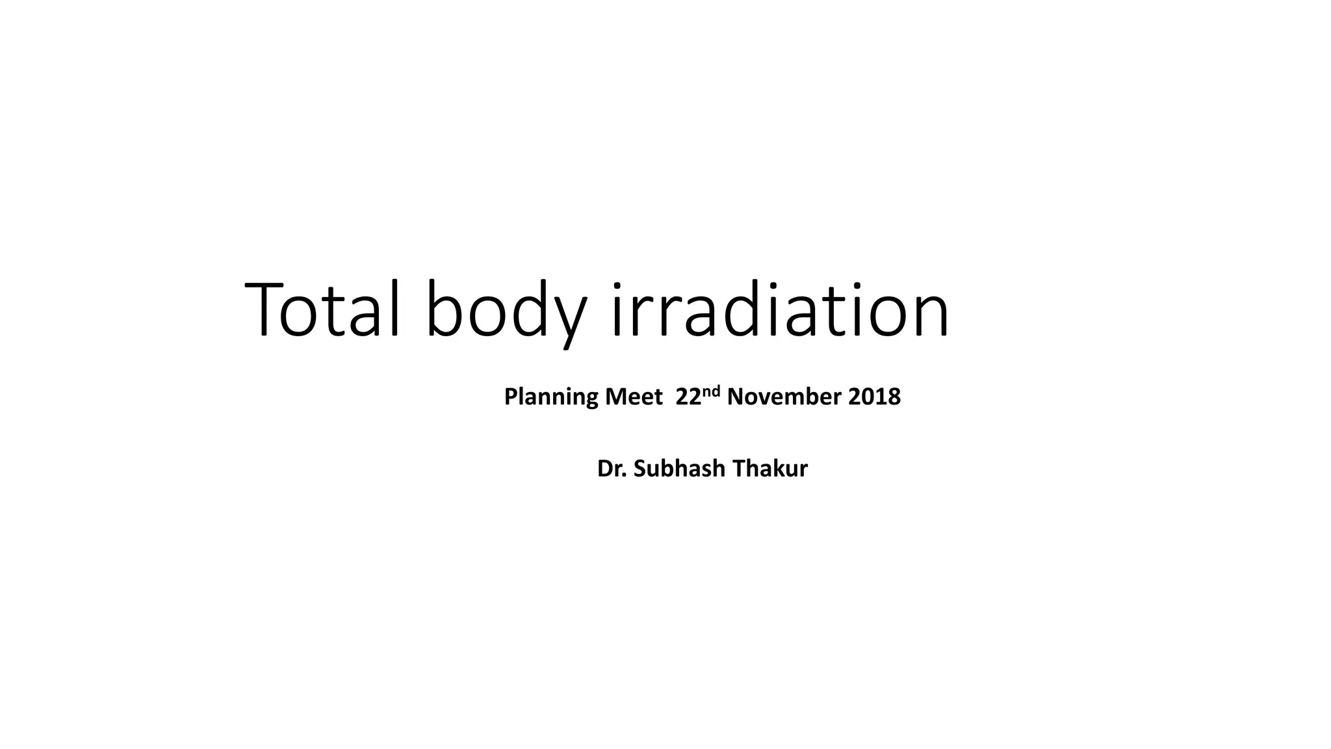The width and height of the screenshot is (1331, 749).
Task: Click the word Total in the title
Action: coord(322,310)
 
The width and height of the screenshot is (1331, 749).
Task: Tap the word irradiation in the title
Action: coord(779,310)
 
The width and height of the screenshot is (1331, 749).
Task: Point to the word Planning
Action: coord(551,397)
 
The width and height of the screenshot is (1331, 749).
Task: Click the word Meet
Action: coord(634,397)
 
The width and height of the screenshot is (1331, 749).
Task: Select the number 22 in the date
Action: coord(688,397)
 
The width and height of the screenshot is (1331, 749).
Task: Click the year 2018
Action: coord(874,397)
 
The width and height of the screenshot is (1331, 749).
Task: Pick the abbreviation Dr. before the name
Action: coord(612,469)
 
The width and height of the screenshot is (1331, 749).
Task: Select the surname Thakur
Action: coord(769,469)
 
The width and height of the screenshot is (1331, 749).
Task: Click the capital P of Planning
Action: coord(511,397)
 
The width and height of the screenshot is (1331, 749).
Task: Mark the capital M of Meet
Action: coord(614,397)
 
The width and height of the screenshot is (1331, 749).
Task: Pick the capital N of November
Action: coord(735,397)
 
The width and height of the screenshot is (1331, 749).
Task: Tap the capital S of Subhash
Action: coord(640,469)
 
